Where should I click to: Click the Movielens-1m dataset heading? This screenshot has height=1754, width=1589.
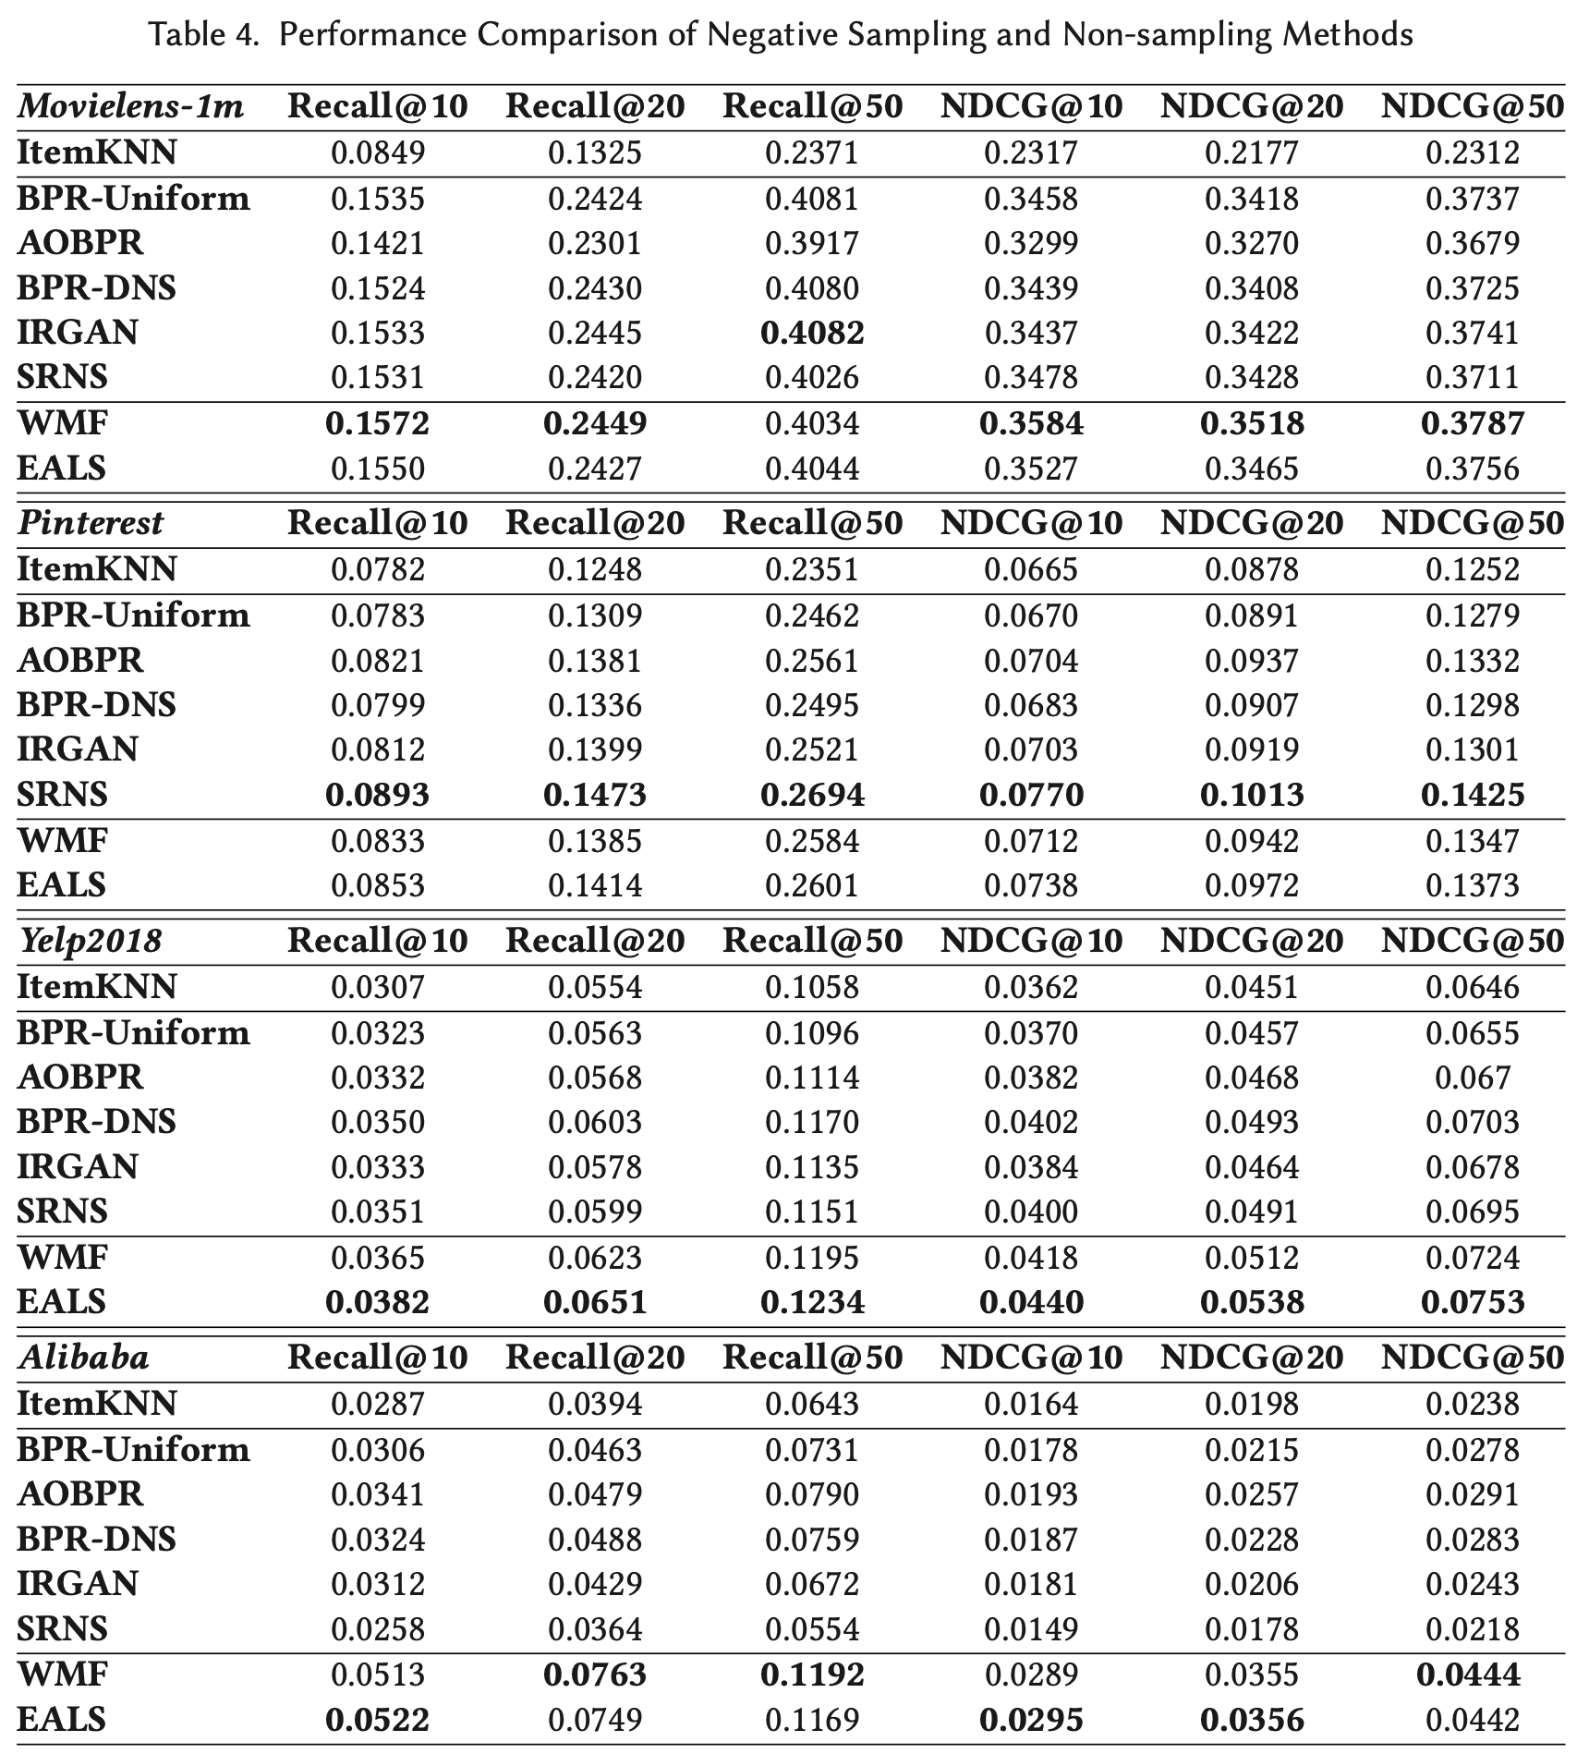click(x=130, y=106)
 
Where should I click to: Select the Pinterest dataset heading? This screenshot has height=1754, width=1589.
click(x=90, y=523)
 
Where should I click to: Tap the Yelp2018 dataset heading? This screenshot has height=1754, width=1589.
click(x=90, y=941)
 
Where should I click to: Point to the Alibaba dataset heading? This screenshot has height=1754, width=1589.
click(x=83, y=1357)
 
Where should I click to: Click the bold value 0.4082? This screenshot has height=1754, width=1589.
click(x=812, y=333)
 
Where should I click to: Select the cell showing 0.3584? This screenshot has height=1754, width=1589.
click(x=1031, y=423)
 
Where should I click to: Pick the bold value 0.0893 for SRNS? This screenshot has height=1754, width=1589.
click(x=377, y=795)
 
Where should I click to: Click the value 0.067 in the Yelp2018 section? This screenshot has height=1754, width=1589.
click(x=1473, y=1078)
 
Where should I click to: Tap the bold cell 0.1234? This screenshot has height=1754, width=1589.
click(x=812, y=1302)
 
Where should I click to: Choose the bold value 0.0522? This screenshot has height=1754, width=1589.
click(x=377, y=1720)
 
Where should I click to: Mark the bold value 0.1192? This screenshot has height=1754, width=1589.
click(x=812, y=1675)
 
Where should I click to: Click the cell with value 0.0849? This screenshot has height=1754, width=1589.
click(x=377, y=152)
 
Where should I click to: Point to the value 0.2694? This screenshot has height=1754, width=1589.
click(x=812, y=795)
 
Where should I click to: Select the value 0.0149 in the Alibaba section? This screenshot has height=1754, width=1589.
click(x=1031, y=1629)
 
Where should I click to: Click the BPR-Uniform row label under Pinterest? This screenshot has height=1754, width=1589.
click(x=133, y=615)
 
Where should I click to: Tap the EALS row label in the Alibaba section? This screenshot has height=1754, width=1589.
click(x=61, y=1720)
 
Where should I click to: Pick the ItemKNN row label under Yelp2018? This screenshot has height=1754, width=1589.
click(x=96, y=987)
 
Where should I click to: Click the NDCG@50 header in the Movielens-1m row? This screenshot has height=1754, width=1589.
click(x=1473, y=106)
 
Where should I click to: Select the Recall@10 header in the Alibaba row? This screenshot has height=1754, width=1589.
click(x=377, y=1357)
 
